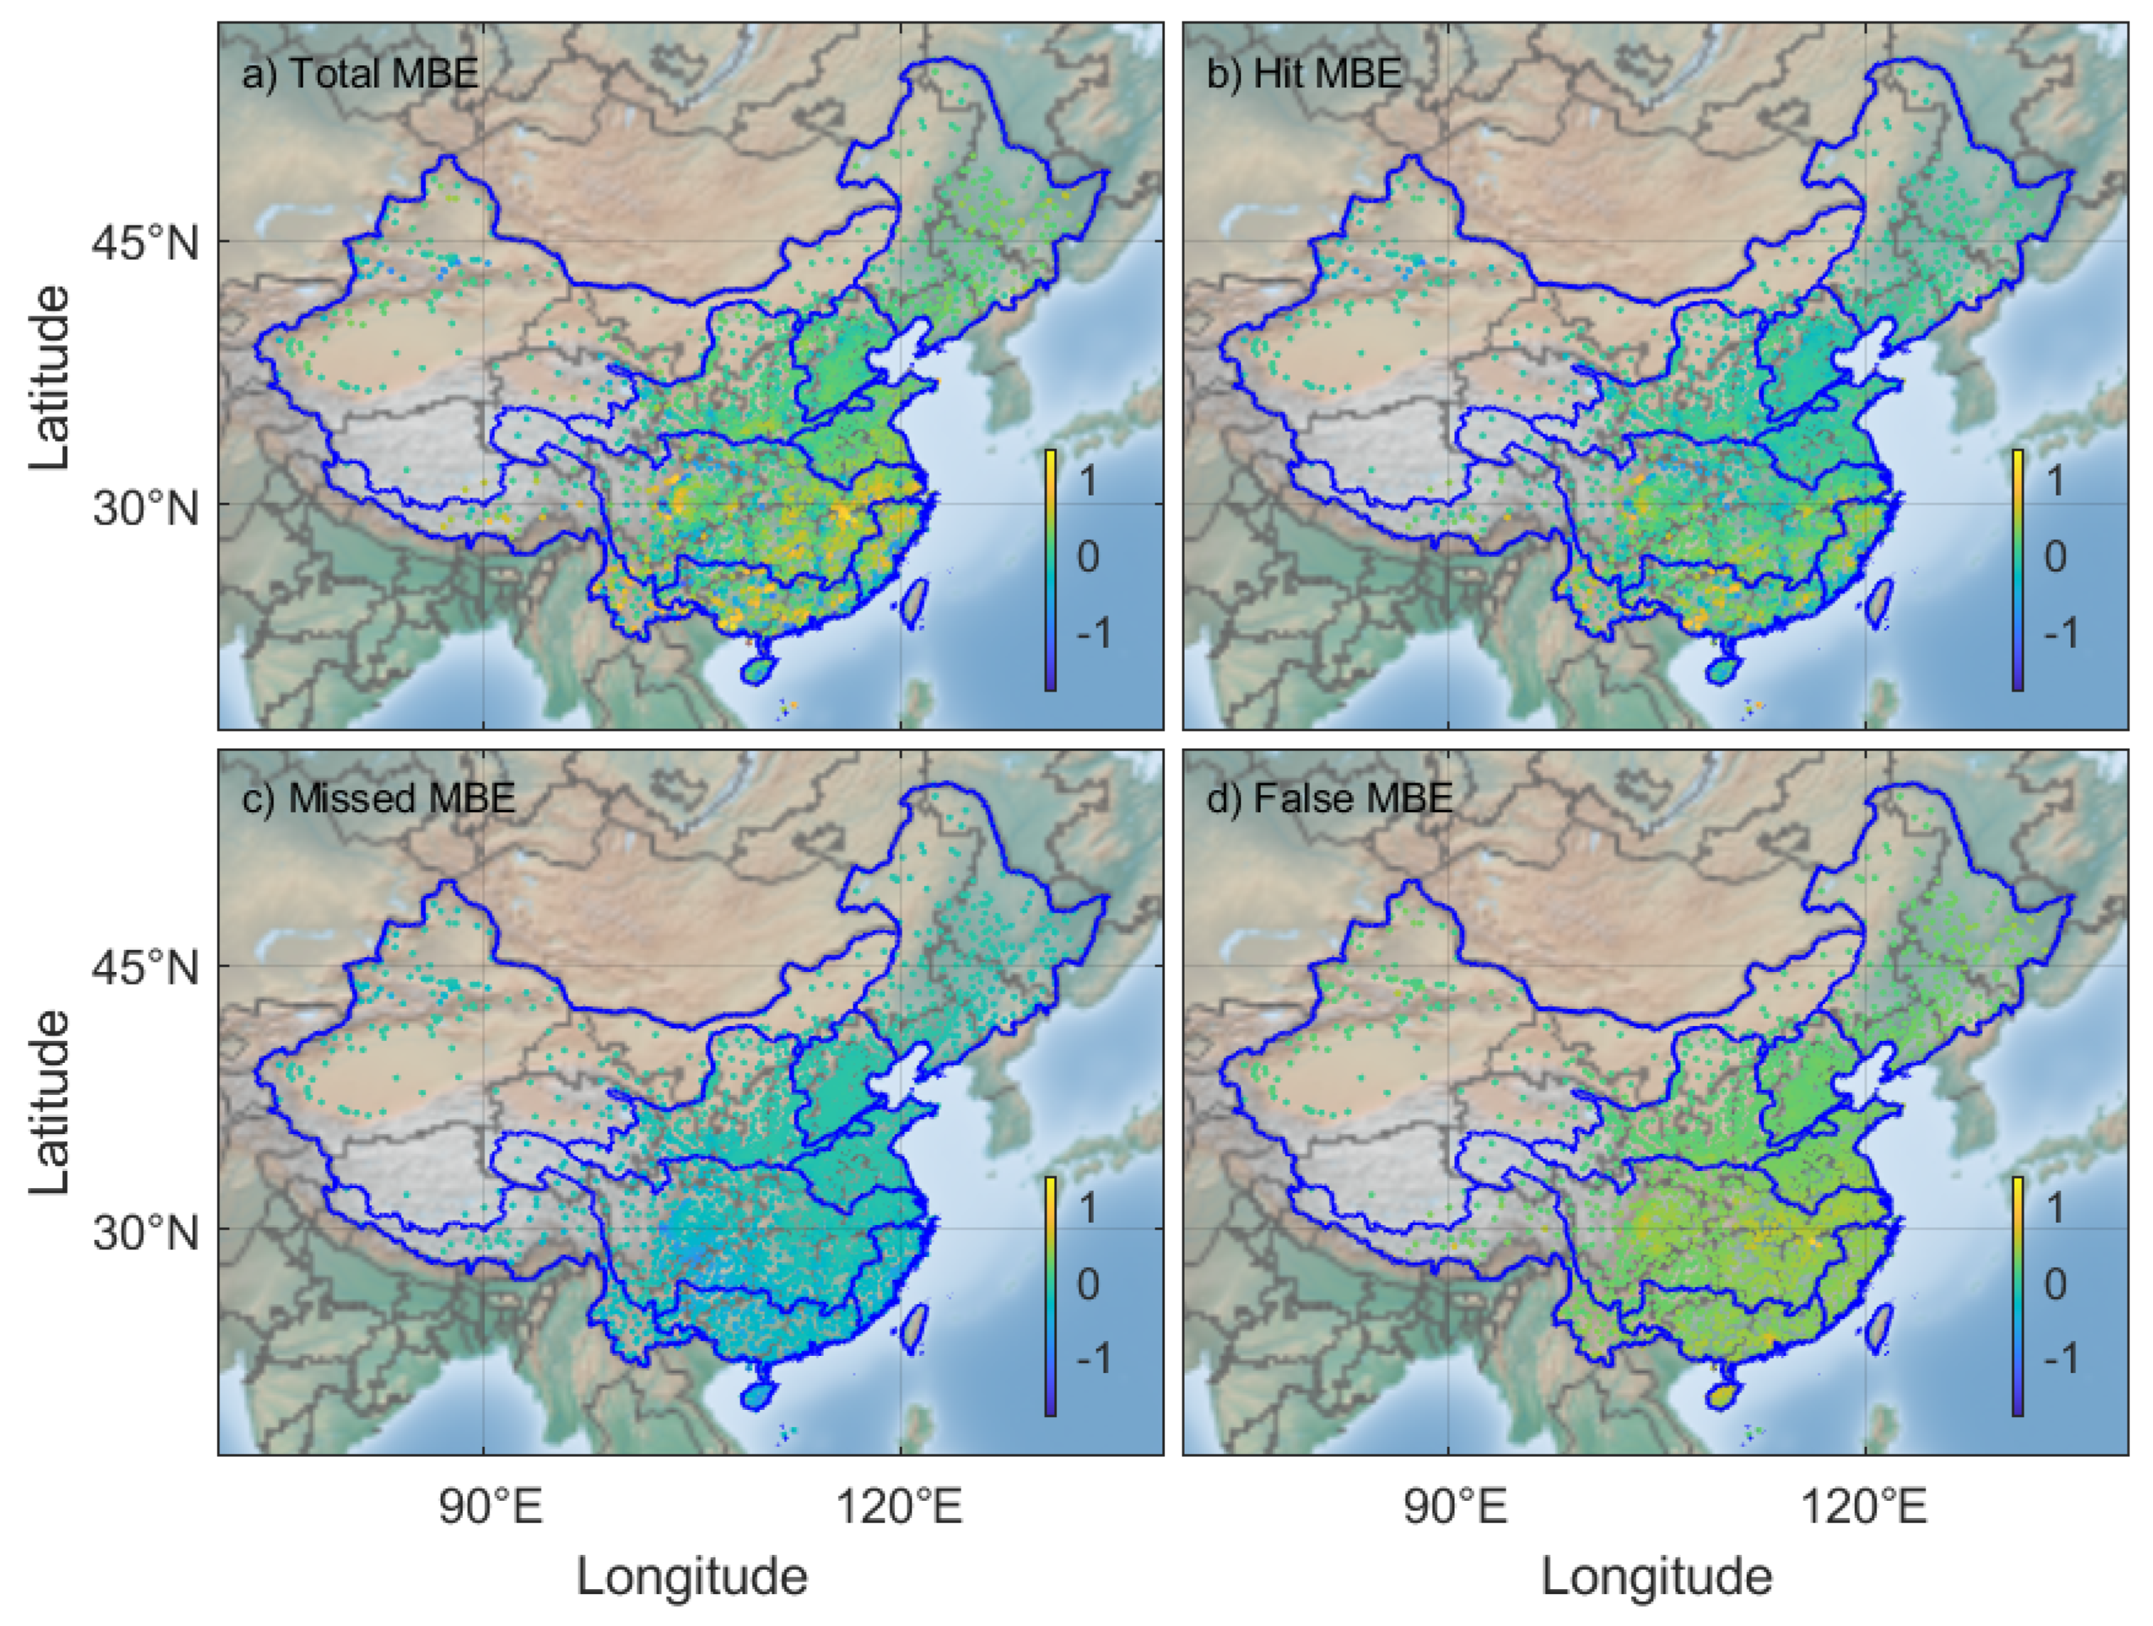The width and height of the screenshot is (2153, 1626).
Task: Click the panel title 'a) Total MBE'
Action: click(x=360, y=74)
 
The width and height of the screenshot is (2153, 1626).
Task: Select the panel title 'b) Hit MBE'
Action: click(x=1305, y=74)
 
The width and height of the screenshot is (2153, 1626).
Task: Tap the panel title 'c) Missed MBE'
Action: click(x=377, y=799)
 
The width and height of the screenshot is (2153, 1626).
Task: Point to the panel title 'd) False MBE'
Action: click(x=1329, y=799)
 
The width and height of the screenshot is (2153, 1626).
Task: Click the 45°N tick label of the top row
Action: click(x=145, y=242)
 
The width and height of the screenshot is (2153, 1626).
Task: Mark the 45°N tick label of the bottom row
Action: click(x=145, y=969)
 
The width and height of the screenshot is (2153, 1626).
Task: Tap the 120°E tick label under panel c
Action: click(x=900, y=1508)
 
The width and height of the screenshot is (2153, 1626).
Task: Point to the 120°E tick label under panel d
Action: click(x=1864, y=1508)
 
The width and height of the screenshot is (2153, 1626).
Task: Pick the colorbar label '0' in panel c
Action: click(x=1087, y=1284)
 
